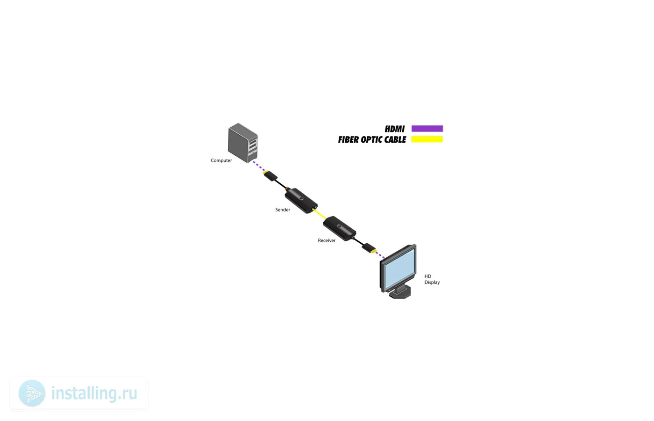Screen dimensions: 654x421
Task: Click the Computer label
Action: [221, 160]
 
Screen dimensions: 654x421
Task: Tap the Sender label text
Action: [283, 210]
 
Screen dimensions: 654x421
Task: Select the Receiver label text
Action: [327, 240]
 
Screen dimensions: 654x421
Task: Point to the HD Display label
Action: [432, 279]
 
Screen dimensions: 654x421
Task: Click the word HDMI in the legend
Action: [394, 129]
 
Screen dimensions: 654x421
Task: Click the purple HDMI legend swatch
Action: [427, 129]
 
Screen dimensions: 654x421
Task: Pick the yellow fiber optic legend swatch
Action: [427, 139]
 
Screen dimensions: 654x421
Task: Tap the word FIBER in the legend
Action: [348, 140]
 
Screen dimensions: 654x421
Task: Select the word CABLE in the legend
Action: [395, 140]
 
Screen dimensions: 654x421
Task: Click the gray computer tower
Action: [243, 143]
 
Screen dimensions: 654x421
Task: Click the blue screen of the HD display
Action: [399, 269]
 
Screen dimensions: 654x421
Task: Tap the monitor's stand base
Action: [400, 293]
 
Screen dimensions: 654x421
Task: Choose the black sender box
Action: [301, 201]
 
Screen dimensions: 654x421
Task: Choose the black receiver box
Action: [340, 229]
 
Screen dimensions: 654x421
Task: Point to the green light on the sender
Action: [315, 207]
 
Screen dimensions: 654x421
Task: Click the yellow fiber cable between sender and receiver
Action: [320, 214]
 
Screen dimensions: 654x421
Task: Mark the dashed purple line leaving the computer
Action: [259, 167]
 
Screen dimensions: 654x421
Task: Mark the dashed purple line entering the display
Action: [380, 254]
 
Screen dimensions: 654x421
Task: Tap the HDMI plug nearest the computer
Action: [270, 176]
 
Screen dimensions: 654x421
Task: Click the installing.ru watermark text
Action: [94, 393]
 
